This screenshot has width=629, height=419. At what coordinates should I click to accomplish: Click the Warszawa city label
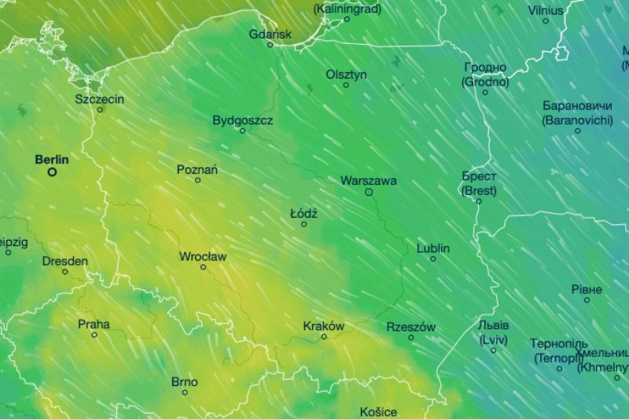click(368, 181)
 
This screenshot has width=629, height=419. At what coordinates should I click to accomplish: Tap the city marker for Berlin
click(53, 171)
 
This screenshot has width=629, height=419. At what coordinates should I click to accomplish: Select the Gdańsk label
click(270, 35)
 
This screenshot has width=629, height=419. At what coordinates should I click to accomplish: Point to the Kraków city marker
click(324, 336)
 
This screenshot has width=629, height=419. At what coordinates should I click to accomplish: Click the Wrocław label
click(203, 256)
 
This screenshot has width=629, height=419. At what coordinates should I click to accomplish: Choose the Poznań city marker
click(197, 180)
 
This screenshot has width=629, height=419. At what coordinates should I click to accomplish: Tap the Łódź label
click(303, 213)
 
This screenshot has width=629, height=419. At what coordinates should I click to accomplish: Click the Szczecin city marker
click(100, 109)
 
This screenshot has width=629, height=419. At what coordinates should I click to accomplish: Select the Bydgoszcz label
click(243, 120)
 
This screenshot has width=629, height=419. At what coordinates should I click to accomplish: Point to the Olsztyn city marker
click(346, 85)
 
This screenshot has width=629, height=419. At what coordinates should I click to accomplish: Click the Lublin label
click(433, 248)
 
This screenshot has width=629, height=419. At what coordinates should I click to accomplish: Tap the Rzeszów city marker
click(410, 337)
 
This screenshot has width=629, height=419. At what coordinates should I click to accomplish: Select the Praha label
click(94, 324)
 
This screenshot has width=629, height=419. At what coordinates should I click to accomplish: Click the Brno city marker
click(185, 392)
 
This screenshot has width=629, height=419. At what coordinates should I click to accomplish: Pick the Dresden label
click(64, 261)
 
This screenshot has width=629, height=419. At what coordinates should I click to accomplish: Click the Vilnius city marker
click(546, 20)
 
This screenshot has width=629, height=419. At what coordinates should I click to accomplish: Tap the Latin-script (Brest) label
click(479, 190)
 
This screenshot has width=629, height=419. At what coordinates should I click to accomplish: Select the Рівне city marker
click(587, 300)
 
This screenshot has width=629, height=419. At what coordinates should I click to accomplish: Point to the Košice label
click(378, 411)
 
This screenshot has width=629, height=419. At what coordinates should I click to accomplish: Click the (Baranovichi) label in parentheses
click(577, 119)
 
